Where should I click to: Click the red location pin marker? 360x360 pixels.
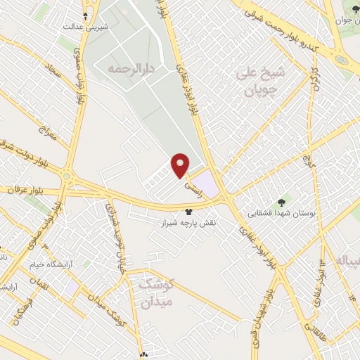coord(181,165)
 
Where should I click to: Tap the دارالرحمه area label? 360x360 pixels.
coord(131,70)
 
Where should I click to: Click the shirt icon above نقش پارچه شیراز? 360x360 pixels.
coord(188,211)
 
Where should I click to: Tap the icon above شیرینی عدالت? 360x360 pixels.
coord(85,14)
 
